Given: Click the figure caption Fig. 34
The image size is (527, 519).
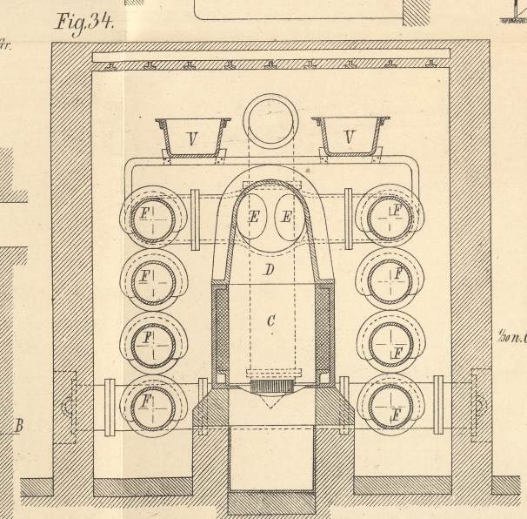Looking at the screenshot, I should click(84, 22).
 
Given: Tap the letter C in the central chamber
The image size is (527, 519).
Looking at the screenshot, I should click(270, 321).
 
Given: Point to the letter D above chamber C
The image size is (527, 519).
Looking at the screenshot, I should click(270, 270).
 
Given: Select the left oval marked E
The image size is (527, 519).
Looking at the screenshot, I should click(254, 216).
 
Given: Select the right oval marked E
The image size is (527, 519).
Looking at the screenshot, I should click(286, 216).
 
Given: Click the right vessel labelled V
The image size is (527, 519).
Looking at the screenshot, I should click(350, 137).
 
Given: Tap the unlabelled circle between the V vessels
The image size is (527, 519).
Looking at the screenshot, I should click(270, 122).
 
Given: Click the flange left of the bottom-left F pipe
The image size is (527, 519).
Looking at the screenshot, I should click(110, 407).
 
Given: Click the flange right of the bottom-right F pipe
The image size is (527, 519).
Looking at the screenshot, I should click(438, 404).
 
